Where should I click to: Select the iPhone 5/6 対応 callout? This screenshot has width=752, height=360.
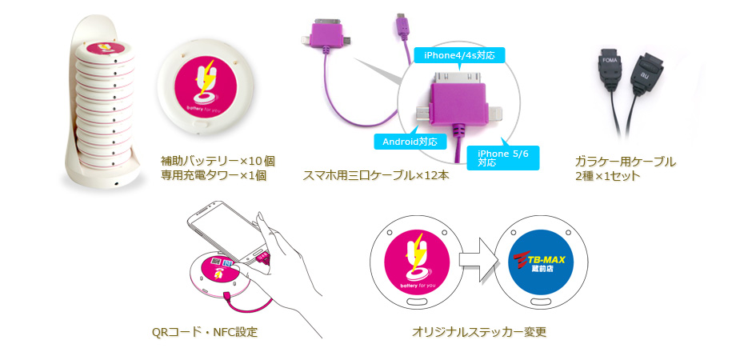(x=502, y=158)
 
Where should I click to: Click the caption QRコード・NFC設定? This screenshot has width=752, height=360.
(x=204, y=332)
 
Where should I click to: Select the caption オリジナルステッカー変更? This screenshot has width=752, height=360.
(x=479, y=332)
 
